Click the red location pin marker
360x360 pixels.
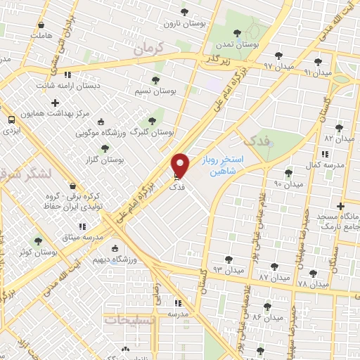(x=181, y=165)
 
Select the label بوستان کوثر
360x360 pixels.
(x=38, y=251)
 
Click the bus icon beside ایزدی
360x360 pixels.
(x=11, y=120)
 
